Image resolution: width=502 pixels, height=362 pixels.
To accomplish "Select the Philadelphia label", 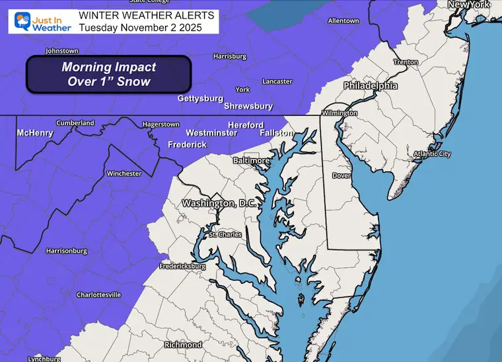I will pyautogui.click(x=370, y=86).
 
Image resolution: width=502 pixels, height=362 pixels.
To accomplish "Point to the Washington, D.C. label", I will pyautogui.click(x=217, y=203).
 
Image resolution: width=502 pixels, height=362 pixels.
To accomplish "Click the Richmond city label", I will pyautogui.click(x=183, y=345).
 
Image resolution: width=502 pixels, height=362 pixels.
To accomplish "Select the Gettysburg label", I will pyautogui.click(x=200, y=99).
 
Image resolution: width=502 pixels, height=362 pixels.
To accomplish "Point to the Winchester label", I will pyautogui.click(x=124, y=173).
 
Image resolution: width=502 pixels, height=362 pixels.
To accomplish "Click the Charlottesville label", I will pyautogui.click(x=99, y=294).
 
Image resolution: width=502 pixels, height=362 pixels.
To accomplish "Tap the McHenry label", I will pyautogui.click(x=36, y=133).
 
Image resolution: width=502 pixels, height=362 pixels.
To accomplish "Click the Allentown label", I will pyautogui.click(x=343, y=21).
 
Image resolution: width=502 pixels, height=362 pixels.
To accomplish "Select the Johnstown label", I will pyautogui.click(x=62, y=51).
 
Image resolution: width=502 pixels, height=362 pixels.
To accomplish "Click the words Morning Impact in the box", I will pyautogui.click(x=108, y=68).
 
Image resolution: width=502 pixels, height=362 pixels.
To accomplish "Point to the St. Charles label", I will pyautogui.click(x=225, y=235).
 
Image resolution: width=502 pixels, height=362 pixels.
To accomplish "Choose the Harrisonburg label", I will pyautogui.click(x=67, y=251).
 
